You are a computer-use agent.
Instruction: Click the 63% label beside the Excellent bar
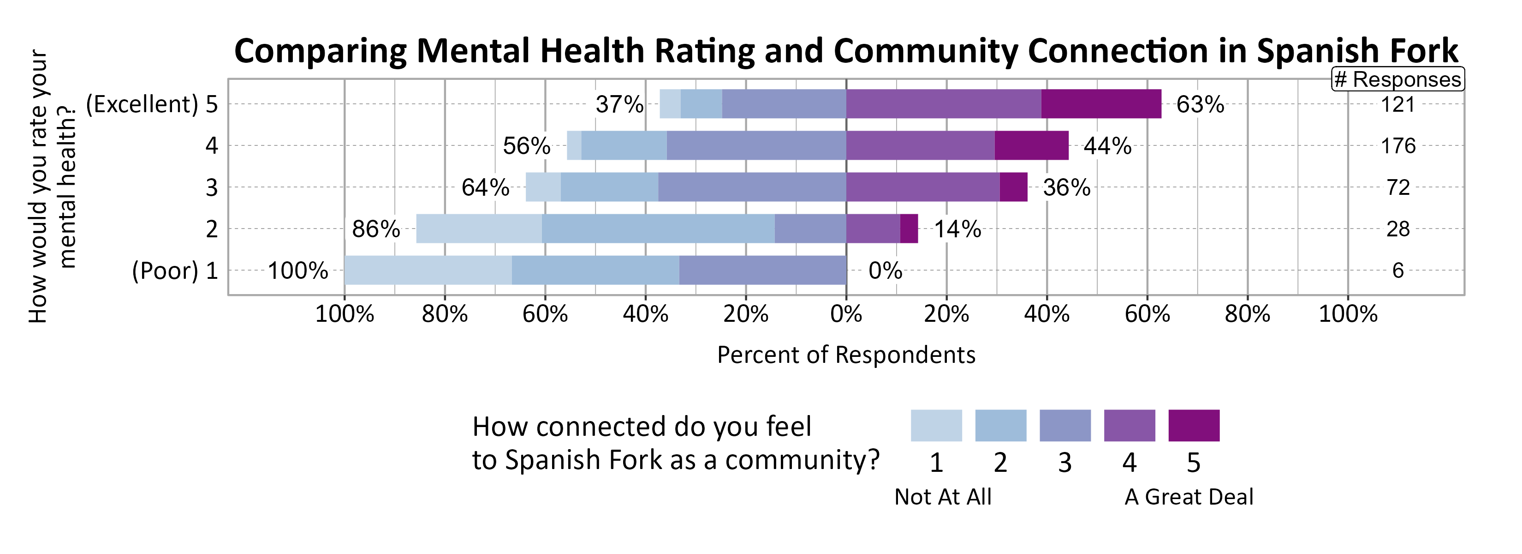tap(1200, 105)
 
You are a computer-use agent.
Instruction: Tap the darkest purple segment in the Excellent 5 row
tap(1101, 104)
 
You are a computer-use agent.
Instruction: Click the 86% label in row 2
tap(376, 229)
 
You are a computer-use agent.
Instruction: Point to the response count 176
tap(1397, 146)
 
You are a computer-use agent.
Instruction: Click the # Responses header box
tap(1397, 79)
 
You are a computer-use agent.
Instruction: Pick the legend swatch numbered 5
tap(1194, 426)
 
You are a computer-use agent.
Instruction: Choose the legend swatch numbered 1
tap(936, 426)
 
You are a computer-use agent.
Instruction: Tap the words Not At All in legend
tap(943, 497)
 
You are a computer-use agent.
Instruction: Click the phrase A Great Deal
tap(1188, 497)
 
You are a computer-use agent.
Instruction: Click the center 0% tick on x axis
tap(845, 314)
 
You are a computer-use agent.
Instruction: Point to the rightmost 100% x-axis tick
tap(1348, 314)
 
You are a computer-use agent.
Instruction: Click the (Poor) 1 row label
tap(175, 271)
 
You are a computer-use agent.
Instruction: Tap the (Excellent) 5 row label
tap(152, 105)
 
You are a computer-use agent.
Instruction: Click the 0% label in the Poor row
tap(885, 271)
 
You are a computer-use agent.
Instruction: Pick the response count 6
tap(1397, 271)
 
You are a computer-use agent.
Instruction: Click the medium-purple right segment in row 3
tap(922, 187)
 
